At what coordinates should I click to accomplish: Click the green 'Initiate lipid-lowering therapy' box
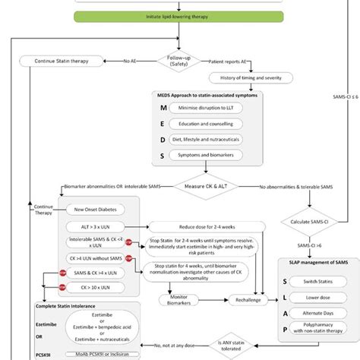tap(180, 15)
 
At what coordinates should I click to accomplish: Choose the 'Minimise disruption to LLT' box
tap(204, 109)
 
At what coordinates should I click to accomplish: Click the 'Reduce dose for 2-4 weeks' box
tap(206, 226)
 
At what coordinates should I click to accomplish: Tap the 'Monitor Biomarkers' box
tap(179, 298)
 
